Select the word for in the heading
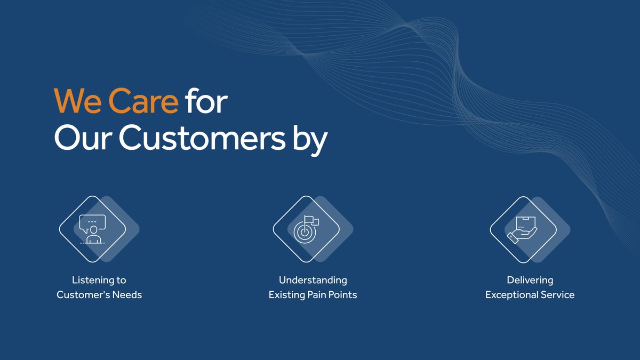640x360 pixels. [206, 101]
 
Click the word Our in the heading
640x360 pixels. [82, 139]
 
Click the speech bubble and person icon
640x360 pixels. [92, 228]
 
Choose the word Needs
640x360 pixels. [125, 294]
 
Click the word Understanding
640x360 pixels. [313, 280]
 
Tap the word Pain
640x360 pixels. [316, 294]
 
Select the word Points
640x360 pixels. [342, 294]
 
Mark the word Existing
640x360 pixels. [286, 294]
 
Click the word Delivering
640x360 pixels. [530, 280]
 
